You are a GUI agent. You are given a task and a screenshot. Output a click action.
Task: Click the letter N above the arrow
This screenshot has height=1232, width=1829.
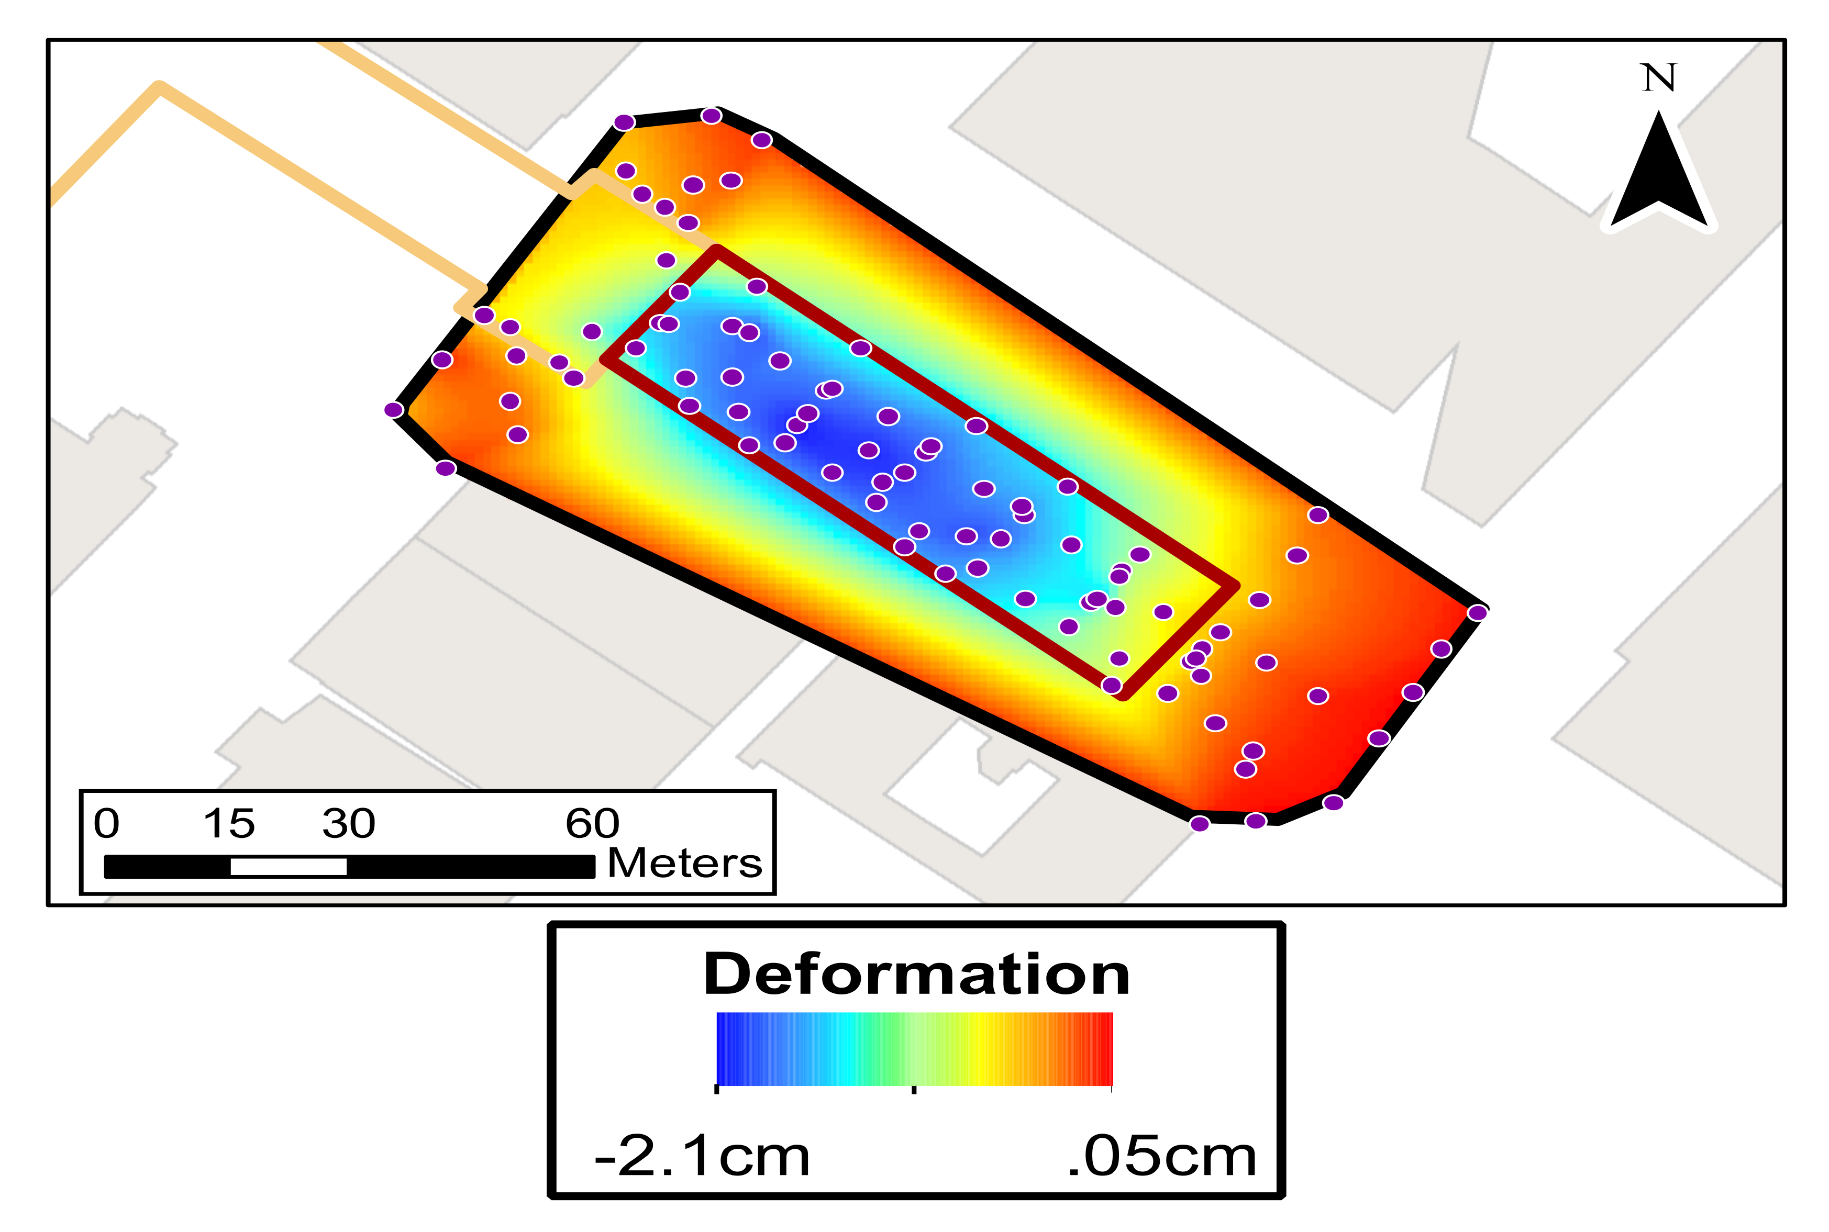point(1658,78)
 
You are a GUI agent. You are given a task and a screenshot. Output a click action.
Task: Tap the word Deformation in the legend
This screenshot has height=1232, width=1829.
point(916,975)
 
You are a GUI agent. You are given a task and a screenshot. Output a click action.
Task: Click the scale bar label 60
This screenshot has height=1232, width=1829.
point(592,823)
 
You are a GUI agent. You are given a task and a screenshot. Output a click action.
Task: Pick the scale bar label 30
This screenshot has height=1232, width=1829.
point(348,823)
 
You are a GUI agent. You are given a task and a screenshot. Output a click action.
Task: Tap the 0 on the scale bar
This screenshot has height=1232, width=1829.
point(106,823)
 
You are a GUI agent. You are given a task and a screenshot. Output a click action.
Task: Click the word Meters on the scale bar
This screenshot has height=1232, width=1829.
point(684,863)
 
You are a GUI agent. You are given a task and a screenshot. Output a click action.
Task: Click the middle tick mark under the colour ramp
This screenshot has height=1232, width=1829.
point(913,1090)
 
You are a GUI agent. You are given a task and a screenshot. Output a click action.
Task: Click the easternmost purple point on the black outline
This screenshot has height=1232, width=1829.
point(1477,612)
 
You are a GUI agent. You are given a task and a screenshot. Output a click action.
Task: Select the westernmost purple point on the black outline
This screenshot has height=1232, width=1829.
point(394,409)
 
